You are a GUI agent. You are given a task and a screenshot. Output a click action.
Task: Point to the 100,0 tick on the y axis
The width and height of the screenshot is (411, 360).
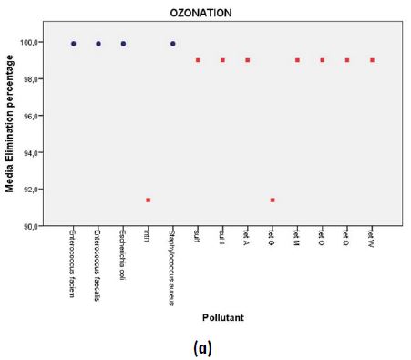tap(39, 42)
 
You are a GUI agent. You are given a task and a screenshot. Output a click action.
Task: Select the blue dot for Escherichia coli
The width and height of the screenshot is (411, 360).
tap(123, 43)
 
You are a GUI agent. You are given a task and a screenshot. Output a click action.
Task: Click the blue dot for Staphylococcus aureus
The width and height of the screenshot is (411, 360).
tap(172, 43)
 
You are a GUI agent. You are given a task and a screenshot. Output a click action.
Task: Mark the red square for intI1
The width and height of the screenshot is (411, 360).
tap(148, 200)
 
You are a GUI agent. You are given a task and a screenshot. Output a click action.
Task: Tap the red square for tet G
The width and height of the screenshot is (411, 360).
tap(272, 200)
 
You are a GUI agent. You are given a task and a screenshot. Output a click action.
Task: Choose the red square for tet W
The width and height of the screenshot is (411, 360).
tap(371, 60)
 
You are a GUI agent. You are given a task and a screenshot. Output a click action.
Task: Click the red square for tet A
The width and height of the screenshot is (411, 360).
tap(247, 60)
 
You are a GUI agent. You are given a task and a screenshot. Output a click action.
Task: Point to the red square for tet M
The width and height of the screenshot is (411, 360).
tap(297, 60)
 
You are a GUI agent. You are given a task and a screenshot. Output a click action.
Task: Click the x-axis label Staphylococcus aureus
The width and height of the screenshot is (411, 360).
tap(171, 270)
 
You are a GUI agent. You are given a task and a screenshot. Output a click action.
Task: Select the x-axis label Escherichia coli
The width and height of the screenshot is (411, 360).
tap(122, 255)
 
